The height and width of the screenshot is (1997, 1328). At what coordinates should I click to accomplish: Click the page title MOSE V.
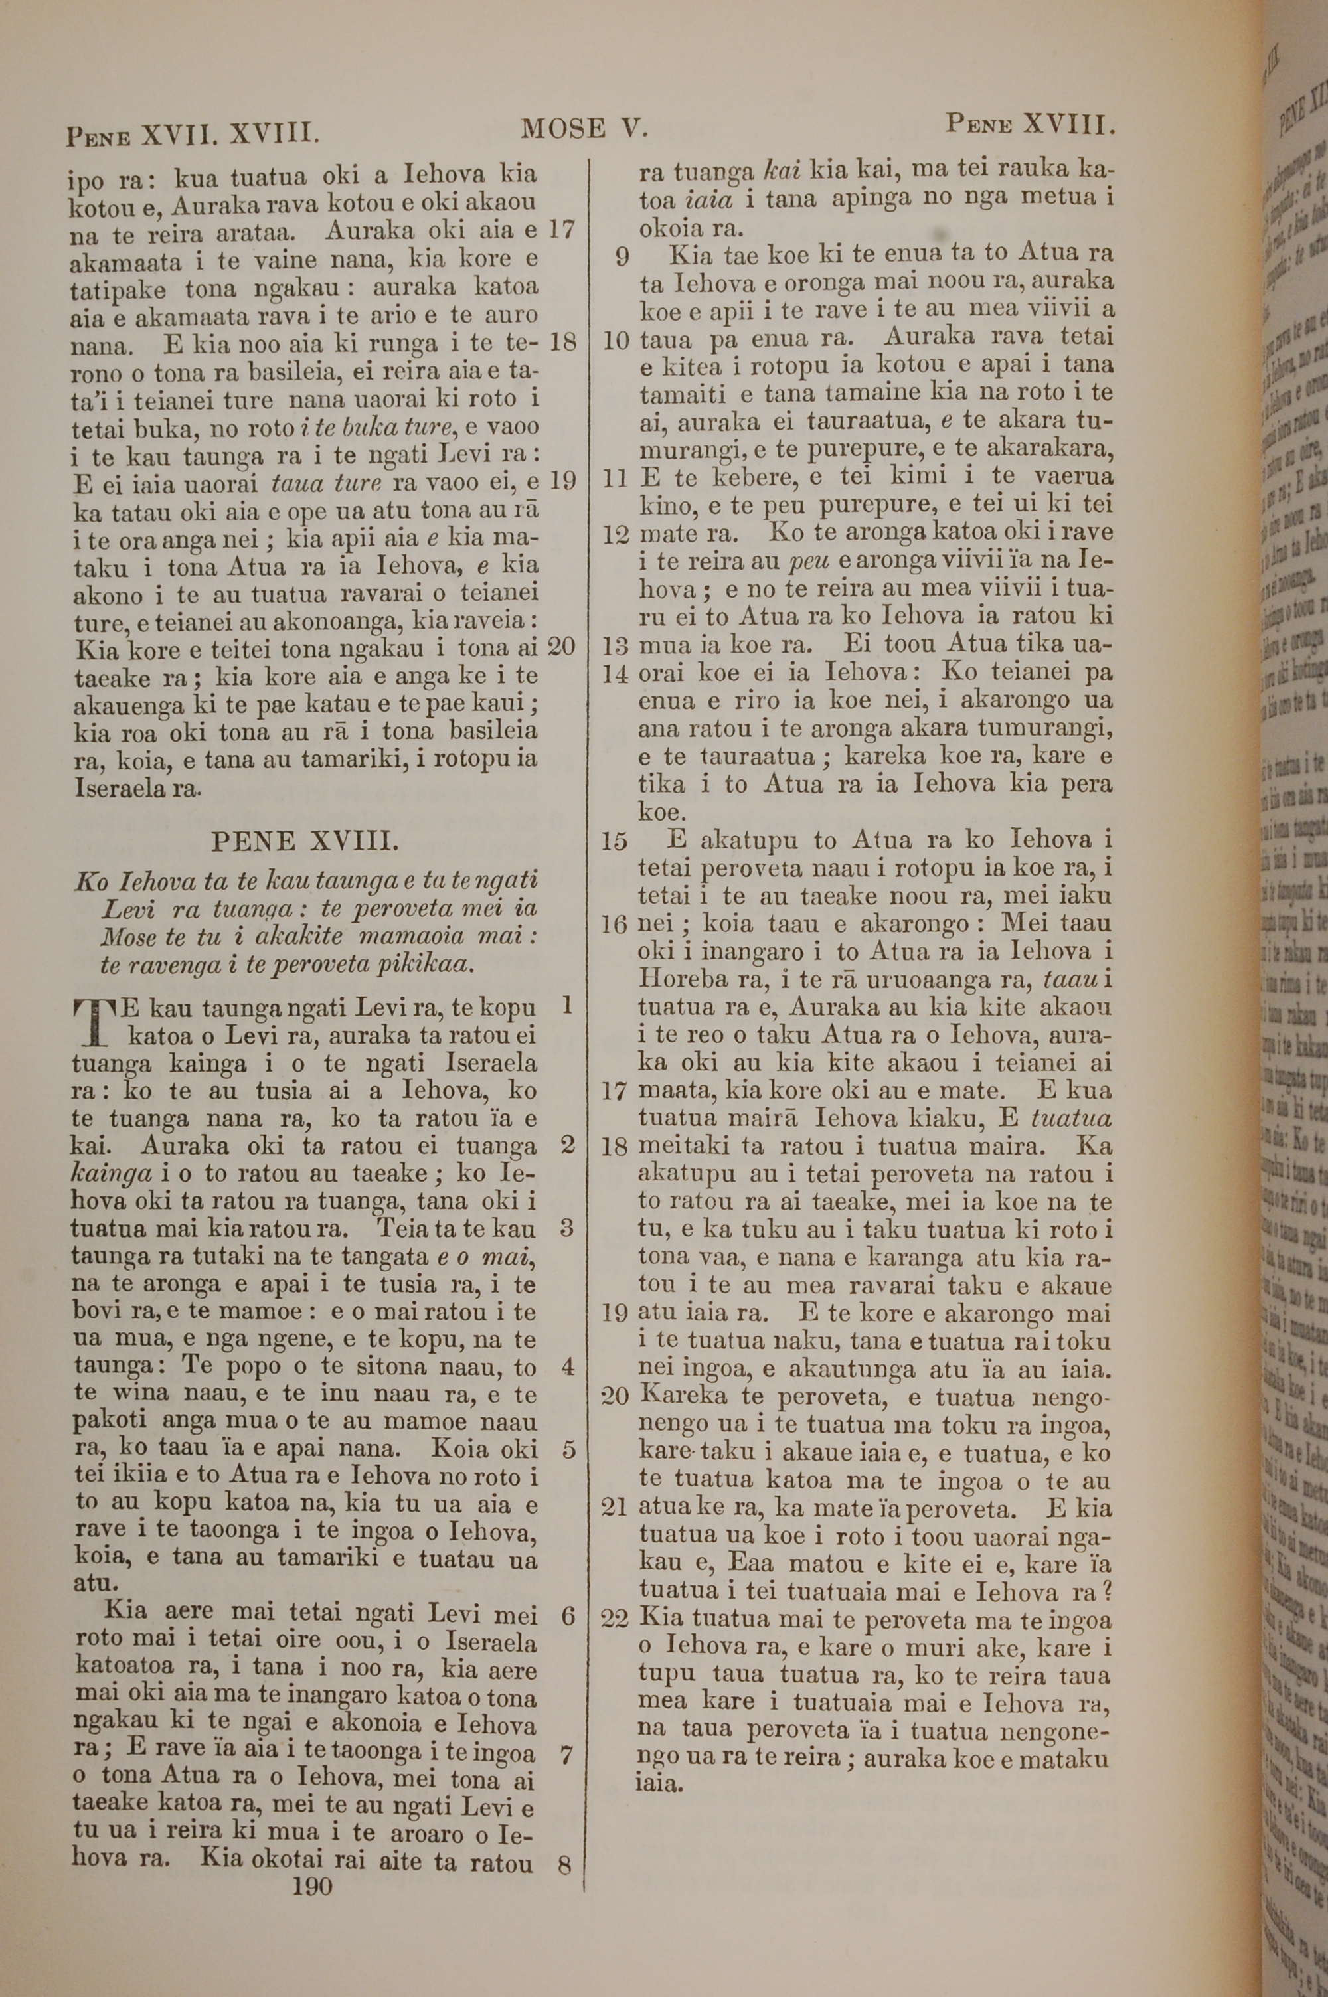click(584, 129)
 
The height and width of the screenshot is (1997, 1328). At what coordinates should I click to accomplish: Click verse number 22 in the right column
click(616, 1619)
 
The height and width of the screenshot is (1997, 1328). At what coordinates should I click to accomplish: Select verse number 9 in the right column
click(623, 256)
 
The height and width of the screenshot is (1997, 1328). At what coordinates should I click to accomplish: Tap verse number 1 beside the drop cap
click(566, 1006)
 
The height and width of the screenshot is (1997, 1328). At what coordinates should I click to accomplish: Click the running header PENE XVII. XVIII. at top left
click(193, 133)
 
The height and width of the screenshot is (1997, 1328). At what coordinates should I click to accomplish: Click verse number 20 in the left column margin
click(562, 647)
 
